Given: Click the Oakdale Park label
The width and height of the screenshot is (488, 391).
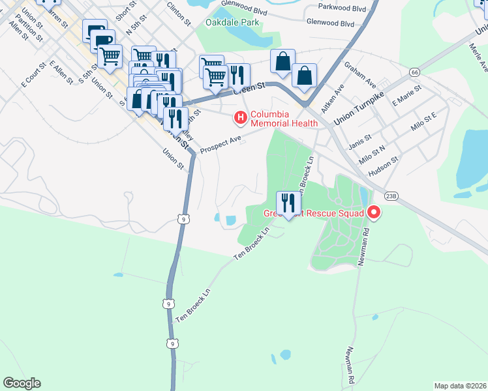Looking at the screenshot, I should pos(232,22).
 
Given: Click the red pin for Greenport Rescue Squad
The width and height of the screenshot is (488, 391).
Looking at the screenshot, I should pos(374,212).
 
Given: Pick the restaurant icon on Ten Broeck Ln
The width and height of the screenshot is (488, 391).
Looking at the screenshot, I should pos(285,203).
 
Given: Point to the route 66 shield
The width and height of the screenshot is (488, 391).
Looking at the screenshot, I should pos(414,71).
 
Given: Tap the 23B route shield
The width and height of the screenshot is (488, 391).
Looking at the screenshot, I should pos(391,195).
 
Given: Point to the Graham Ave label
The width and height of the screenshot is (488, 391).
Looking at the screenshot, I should pos(360,75).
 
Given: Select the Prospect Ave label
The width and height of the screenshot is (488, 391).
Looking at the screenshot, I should pos(221,144).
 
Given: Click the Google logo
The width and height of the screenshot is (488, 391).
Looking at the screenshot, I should pos(22,383).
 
